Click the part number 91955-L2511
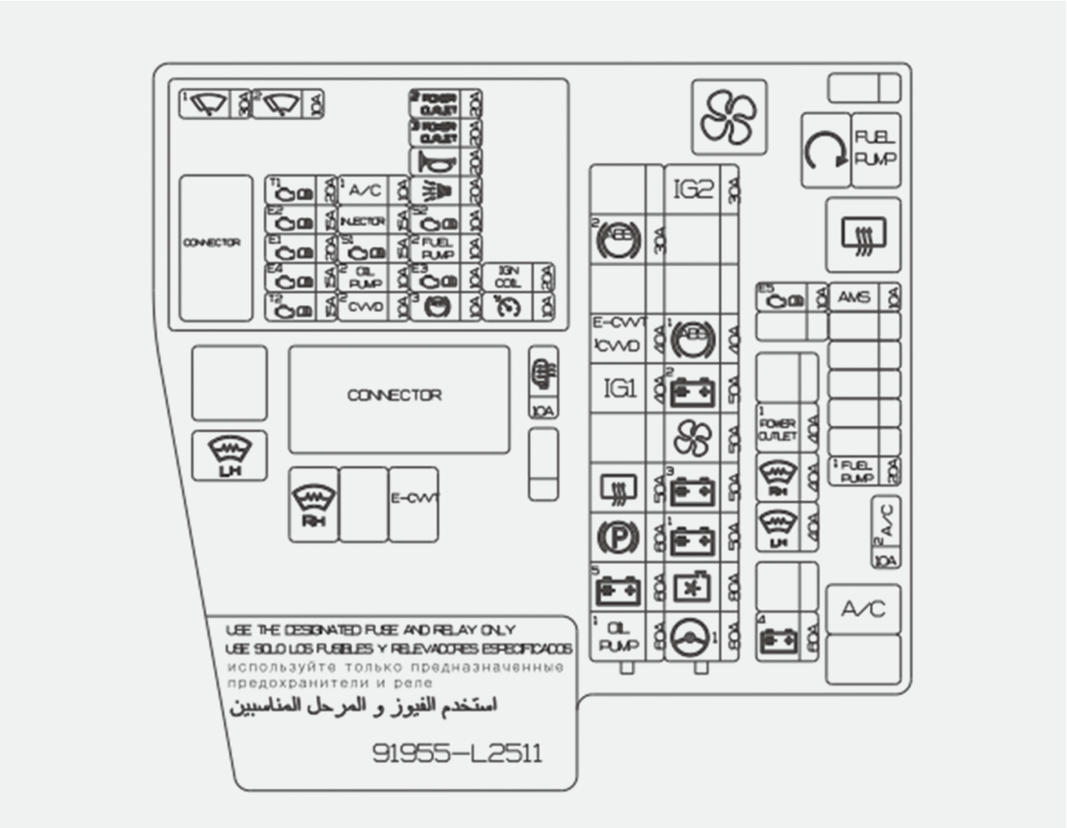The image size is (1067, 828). click(x=457, y=753)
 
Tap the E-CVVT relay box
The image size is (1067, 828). click(x=413, y=503)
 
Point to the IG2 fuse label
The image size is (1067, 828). click(x=693, y=189)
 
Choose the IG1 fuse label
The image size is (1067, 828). click(x=620, y=388)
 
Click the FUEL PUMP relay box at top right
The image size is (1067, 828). click(x=876, y=149)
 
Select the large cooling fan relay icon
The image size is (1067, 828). click(x=728, y=118)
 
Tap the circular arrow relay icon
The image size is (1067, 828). click(x=825, y=150)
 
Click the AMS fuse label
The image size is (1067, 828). click(x=854, y=296)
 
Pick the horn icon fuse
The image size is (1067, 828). click(x=436, y=162)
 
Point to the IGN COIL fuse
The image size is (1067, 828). click(x=507, y=278)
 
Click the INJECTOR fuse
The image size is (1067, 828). click(x=363, y=221)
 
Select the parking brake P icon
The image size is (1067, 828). click(x=618, y=536)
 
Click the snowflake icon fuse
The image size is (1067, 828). click(x=692, y=588)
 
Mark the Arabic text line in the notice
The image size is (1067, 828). click(x=363, y=706)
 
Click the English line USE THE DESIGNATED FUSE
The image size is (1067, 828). click(x=370, y=630)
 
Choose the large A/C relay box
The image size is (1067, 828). click(x=863, y=609)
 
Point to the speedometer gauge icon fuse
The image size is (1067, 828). click(x=507, y=307)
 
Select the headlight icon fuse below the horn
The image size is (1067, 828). click(x=436, y=191)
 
